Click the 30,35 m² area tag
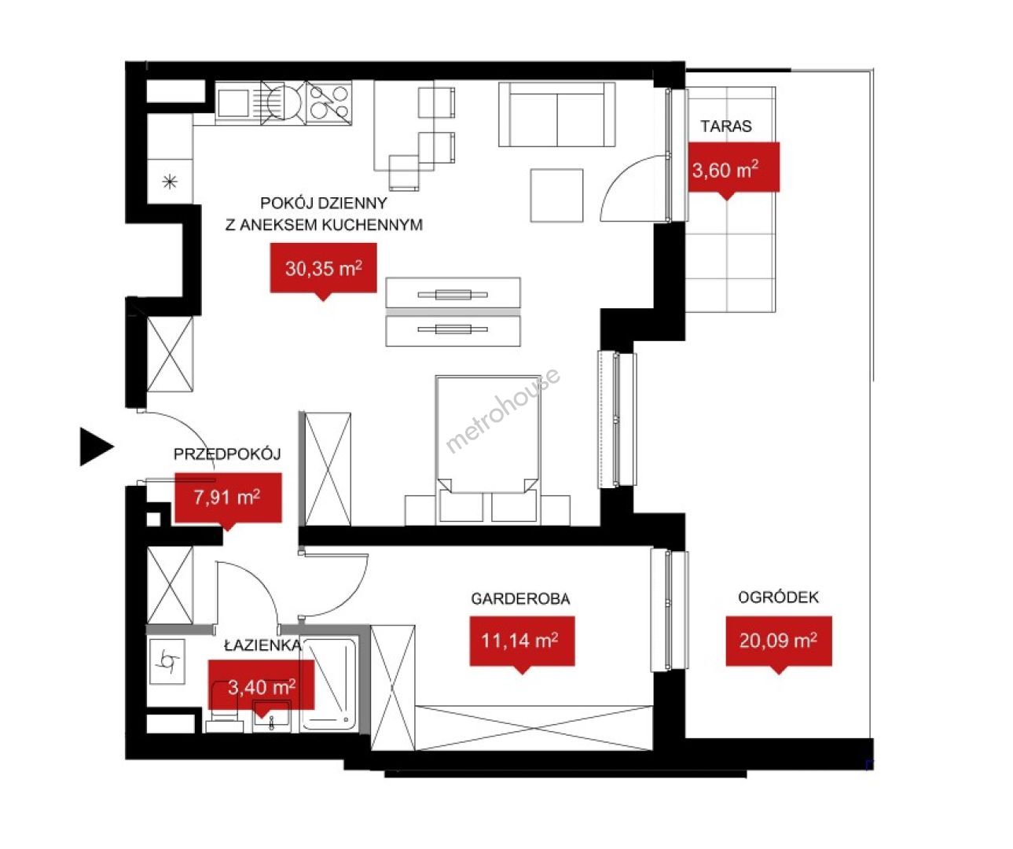(x=323, y=269)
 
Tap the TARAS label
(x=726, y=127)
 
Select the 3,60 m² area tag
(x=733, y=168)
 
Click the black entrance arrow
(x=97, y=447)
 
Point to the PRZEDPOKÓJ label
(x=227, y=454)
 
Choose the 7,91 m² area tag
(x=228, y=498)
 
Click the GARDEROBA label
(x=520, y=598)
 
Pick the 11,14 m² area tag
(x=522, y=641)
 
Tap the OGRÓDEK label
(x=778, y=597)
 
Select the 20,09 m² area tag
(x=779, y=641)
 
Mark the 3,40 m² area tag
(x=261, y=686)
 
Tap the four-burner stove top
(x=329, y=102)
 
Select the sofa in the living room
(x=557, y=114)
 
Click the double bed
(x=487, y=450)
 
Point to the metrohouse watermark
(x=503, y=410)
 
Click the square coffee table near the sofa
(x=556, y=195)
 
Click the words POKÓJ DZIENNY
(x=323, y=203)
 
